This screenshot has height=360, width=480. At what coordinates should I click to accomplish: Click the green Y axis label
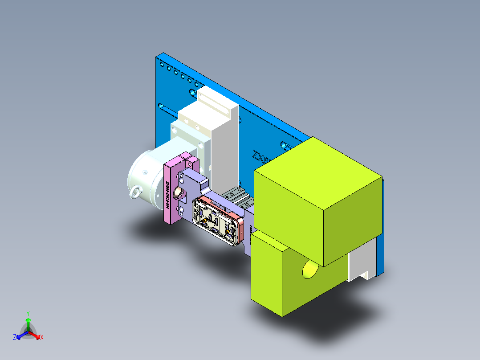(x=28, y=313)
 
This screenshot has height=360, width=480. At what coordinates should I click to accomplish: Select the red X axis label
(x=42, y=338)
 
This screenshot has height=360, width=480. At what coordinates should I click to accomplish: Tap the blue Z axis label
(x=15, y=337)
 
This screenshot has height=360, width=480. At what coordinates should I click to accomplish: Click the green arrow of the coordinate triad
(x=28, y=323)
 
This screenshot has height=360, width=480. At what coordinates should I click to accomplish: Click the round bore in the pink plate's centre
(x=179, y=192)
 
